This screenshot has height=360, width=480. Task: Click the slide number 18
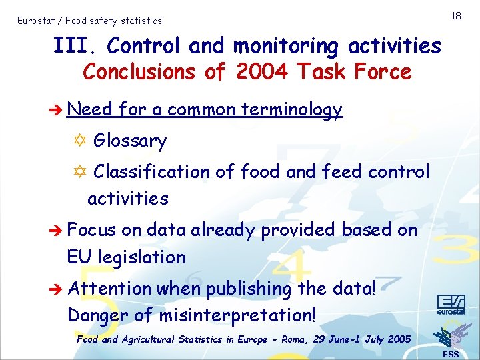tap(456, 15)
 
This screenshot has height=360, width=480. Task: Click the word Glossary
tap(130, 141)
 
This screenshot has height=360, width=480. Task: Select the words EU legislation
tap(126, 257)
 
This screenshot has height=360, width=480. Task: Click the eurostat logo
tap(451, 303)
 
